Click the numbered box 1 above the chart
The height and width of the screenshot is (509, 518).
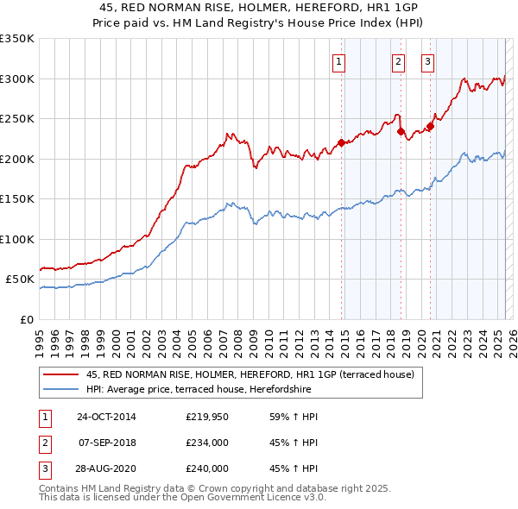(x=338, y=61)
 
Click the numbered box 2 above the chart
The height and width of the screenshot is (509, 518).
(x=398, y=61)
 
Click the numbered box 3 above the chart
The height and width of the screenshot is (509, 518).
(x=427, y=61)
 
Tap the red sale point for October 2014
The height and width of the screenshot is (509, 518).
(x=341, y=142)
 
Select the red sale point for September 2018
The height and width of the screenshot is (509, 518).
(x=401, y=132)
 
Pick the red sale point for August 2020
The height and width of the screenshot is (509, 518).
(x=430, y=127)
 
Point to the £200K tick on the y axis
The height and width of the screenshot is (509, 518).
(x=17, y=159)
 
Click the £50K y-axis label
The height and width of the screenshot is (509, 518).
(x=20, y=280)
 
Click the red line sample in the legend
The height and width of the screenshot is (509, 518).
(x=61, y=375)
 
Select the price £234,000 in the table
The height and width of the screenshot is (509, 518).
(x=206, y=443)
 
